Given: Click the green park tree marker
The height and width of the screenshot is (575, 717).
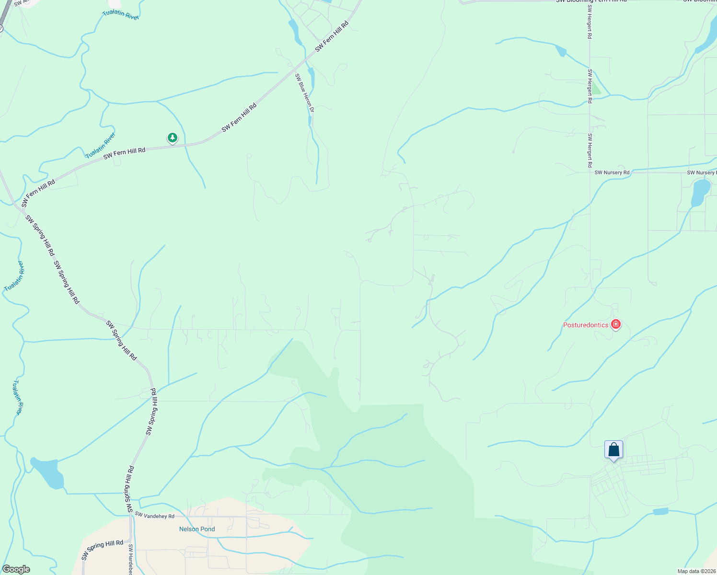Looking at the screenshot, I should (x=173, y=138).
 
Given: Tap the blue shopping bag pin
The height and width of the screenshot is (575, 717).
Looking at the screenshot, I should (x=613, y=450).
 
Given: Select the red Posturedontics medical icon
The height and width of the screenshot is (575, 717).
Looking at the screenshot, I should (x=616, y=324).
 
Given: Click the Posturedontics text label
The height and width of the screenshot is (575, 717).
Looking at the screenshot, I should (x=585, y=325).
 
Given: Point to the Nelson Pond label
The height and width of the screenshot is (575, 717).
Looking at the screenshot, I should (x=197, y=529).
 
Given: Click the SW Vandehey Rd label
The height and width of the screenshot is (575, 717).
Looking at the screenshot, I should (x=154, y=516).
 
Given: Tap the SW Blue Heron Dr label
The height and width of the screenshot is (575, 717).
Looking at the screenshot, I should (x=304, y=93).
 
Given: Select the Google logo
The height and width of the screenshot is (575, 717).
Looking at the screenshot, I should (x=16, y=569).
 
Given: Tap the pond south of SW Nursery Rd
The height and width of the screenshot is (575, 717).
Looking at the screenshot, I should (x=700, y=192).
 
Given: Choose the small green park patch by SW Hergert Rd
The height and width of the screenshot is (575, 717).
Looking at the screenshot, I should (x=596, y=89).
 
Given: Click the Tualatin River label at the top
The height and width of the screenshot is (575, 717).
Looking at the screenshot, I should (x=120, y=14).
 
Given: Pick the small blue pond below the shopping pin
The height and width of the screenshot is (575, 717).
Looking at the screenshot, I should (x=660, y=511).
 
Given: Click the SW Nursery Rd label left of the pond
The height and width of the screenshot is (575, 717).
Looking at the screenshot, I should (x=612, y=172).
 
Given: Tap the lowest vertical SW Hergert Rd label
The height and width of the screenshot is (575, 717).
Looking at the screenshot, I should (x=590, y=150).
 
